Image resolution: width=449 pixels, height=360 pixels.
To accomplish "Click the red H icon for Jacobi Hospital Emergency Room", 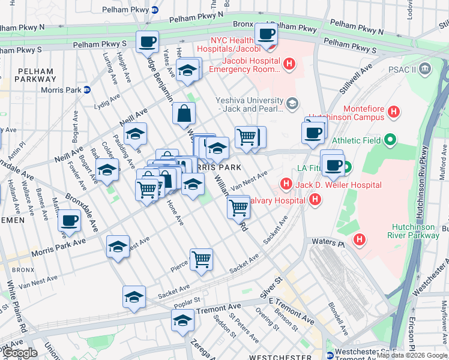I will point(289,64).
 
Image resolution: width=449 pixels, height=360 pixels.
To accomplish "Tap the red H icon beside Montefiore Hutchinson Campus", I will point(394,111).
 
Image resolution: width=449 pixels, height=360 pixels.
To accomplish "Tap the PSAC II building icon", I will point(426,69).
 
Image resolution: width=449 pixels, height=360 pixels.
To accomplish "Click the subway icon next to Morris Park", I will point(86,90).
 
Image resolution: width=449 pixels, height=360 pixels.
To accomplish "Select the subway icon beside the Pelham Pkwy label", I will point(154,10).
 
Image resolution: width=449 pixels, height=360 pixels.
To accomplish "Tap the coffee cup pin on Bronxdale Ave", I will point(70,221).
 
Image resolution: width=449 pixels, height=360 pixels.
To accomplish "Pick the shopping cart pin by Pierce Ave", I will point(201,260).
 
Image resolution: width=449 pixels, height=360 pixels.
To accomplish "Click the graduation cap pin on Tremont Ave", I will point(182,320).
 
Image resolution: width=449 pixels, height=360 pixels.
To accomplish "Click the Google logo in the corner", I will point(20,352).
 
